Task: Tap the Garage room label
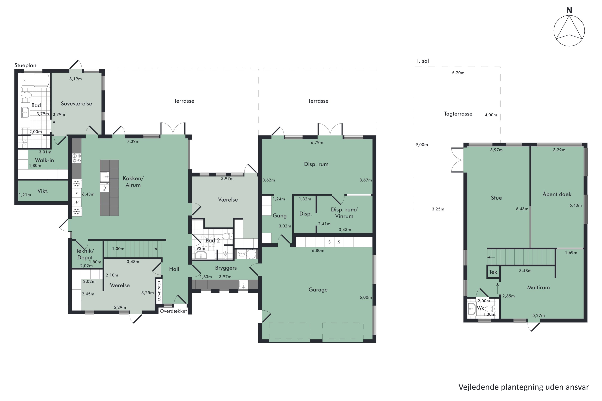(x=318, y=290)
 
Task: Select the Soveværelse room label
(x=76, y=104)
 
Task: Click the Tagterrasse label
(x=458, y=114)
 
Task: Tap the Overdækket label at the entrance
(x=173, y=311)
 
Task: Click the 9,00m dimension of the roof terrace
(x=422, y=145)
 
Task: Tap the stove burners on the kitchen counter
(x=76, y=158)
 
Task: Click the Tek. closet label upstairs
(x=493, y=272)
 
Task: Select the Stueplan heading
(x=25, y=65)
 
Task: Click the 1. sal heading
(x=422, y=61)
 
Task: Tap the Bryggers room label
(x=226, y=268)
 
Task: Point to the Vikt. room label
(x=43, y=191)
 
